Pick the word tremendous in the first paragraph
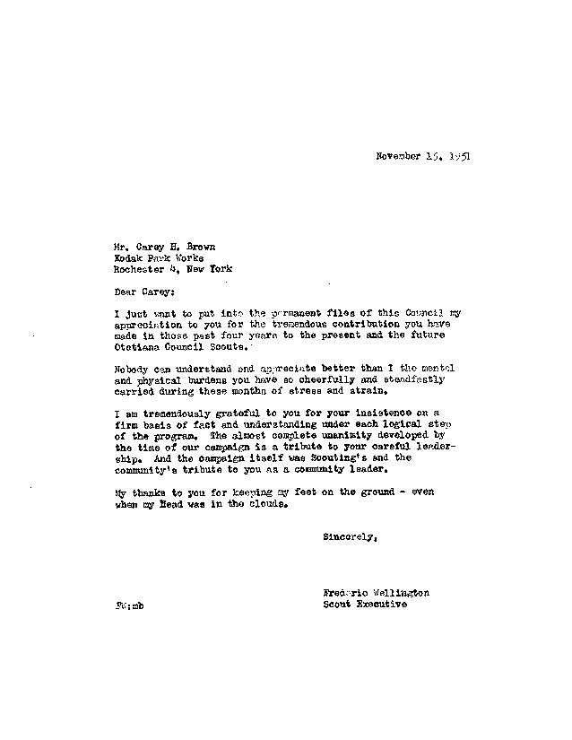point(273,322)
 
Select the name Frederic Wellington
point(376,593)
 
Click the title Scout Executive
point(364,605)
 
